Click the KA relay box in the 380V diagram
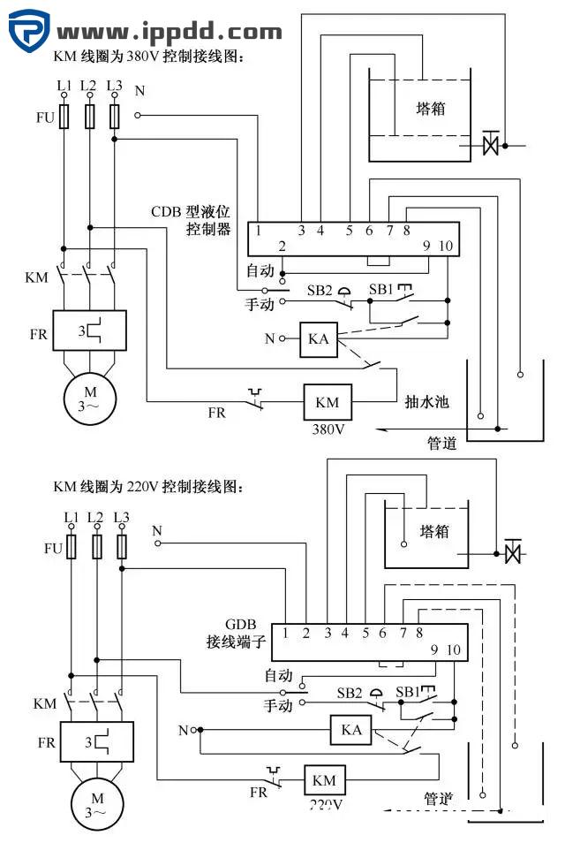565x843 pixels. point(319,339)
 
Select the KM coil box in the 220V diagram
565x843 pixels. point(324,780)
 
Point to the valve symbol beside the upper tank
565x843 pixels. point(491,143)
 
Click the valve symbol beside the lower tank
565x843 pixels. point(511,554)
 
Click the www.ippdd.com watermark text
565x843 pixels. point(169,33)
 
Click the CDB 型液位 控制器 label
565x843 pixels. point(190,220)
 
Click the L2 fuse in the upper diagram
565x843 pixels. point(89,118)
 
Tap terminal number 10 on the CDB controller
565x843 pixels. point(445,247)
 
